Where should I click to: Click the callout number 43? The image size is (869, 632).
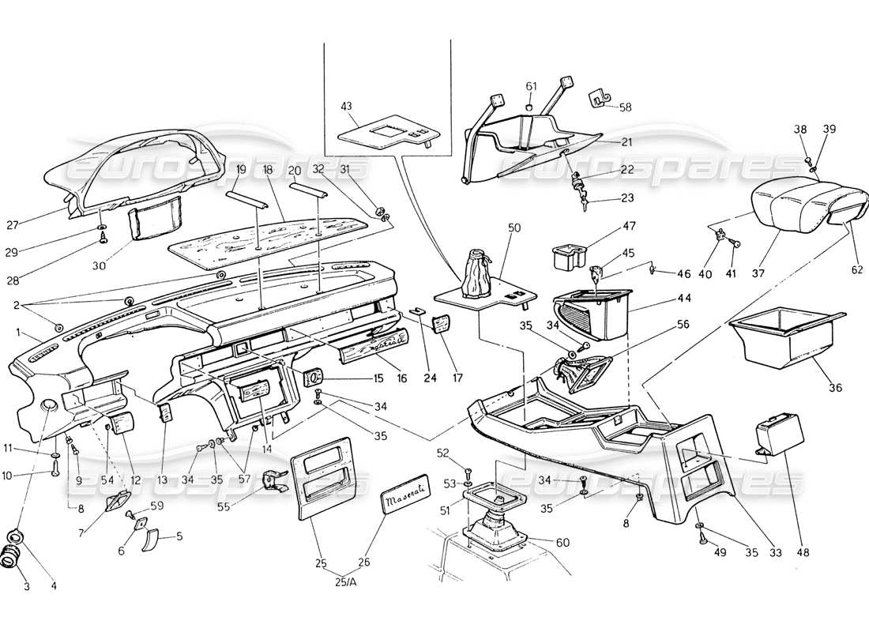[345, 107]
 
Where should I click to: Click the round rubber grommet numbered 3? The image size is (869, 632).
[12, 558]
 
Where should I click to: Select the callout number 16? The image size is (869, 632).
[402, 379]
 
